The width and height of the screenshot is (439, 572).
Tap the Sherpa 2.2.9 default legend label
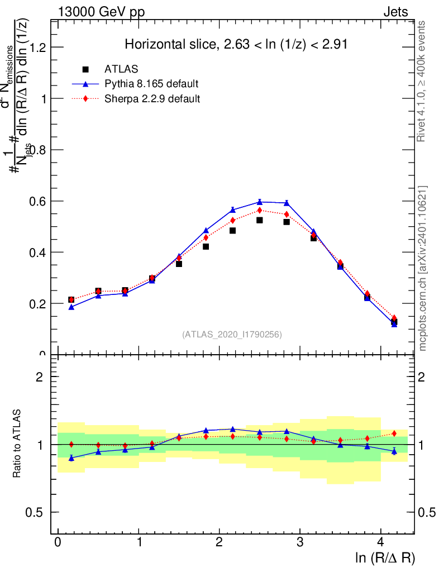(x=152, y=99)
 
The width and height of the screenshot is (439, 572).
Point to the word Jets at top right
(x=395, y=12)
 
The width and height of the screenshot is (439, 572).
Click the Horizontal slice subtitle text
(x=236, y=45)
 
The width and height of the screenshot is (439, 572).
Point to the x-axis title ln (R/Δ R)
(x=385, y=557)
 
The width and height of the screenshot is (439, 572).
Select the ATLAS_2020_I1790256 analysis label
(x=232, y=335)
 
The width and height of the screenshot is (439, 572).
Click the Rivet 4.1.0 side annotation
(x=422, y=81)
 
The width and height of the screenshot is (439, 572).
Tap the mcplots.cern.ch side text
(x=422, y=268)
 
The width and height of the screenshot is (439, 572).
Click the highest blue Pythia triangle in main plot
(x=260, y=202)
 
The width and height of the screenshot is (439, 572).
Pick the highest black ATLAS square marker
(x=260, y=220)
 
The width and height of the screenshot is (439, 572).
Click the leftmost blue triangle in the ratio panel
(x=71, y=458)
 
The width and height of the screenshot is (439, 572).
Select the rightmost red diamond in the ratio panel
(x=394, y=433)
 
